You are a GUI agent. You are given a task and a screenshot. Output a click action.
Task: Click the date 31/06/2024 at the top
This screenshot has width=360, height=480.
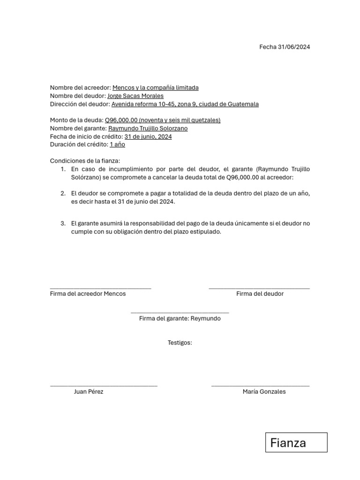(x=294, y=47)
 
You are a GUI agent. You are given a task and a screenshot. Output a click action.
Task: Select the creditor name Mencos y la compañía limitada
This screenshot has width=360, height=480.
(x=155, y=88)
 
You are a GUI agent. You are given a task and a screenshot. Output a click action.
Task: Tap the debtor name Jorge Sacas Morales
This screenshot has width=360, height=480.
(x=135, y=96)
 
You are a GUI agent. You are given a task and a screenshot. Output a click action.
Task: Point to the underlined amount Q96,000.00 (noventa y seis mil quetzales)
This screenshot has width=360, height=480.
(x=163, y=120)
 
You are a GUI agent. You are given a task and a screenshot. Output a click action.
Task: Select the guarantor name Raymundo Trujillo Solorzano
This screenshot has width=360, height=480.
(x=148, y=128)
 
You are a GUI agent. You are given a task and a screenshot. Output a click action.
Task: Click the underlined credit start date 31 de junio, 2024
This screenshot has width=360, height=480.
(x=148, y=136)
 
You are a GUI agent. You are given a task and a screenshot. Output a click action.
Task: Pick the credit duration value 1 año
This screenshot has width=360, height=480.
(x=117, y=144)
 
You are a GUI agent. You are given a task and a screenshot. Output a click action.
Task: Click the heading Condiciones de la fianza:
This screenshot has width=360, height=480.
(x=85, y=161)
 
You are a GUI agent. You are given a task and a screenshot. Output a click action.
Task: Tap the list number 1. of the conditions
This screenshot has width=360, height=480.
(x=63, y=169)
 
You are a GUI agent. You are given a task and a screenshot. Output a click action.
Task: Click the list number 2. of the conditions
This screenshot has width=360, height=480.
(x=63, y=194)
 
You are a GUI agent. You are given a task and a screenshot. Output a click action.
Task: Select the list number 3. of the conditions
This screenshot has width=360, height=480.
(x=63, y=224)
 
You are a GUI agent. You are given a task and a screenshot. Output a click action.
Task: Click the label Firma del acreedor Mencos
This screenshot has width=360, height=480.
(x=88, y=293)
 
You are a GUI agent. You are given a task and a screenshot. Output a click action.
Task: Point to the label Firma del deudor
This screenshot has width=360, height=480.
(x=260, y=293)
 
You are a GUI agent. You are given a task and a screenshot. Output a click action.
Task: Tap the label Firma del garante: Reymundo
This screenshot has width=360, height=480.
(x=180, y=318)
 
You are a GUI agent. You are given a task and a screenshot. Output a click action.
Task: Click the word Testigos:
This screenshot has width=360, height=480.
(x=180, y=343)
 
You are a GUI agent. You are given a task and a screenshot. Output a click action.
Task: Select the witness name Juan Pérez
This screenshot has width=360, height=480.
(x=89, y=391)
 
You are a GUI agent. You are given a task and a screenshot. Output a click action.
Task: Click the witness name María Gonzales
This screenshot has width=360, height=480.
(x=264, y=391)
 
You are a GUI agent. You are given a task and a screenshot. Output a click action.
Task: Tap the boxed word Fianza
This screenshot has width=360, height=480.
(x=288, y=443)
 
